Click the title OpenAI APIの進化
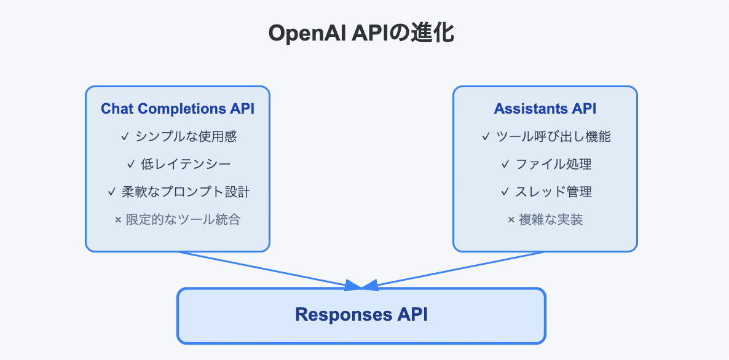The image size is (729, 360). (361, 33)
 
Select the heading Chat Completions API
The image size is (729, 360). (178, 109)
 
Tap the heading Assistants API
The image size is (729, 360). (545, 109)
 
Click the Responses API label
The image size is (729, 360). (361, 315)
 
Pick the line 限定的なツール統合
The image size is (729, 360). (183, 219)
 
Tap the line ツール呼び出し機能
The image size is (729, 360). (553, 136)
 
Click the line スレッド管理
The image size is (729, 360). (553, 192)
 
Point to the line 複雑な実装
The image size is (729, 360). (551, 219)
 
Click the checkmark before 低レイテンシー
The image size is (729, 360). (130, 164)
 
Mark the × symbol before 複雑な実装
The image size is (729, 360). (511, 220)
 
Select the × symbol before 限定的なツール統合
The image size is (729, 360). (118, 220)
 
